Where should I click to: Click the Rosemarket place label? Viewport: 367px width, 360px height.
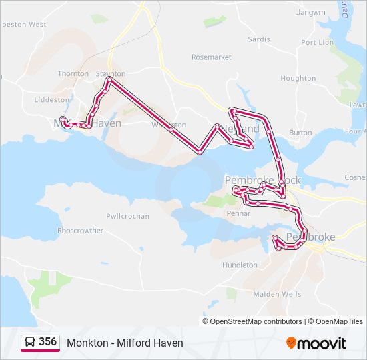point(211,57)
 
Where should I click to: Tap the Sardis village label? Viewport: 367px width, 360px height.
point(259,39)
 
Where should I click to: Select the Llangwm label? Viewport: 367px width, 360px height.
point(310,12)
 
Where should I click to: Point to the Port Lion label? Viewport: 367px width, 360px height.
point(317,42)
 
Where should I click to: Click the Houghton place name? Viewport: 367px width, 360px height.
point(298,78)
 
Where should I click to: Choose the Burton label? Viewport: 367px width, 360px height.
point(300,133)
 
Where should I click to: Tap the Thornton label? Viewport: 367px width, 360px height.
point(73,73)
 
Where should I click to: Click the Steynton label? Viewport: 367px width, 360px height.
point(111,73)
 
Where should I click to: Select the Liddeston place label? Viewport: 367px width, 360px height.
point(51,99)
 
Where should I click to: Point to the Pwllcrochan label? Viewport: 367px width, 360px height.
point(127,216)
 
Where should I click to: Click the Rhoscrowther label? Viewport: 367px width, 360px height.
point(80,231)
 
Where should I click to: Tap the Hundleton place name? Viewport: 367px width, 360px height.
point(240,265)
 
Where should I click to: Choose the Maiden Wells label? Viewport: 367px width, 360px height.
point(277,294)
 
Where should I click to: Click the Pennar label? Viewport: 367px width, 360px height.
point(238,213)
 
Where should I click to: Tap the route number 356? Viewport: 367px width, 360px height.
point(47,341)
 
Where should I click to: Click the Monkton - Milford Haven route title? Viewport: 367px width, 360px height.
point(125,343)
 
